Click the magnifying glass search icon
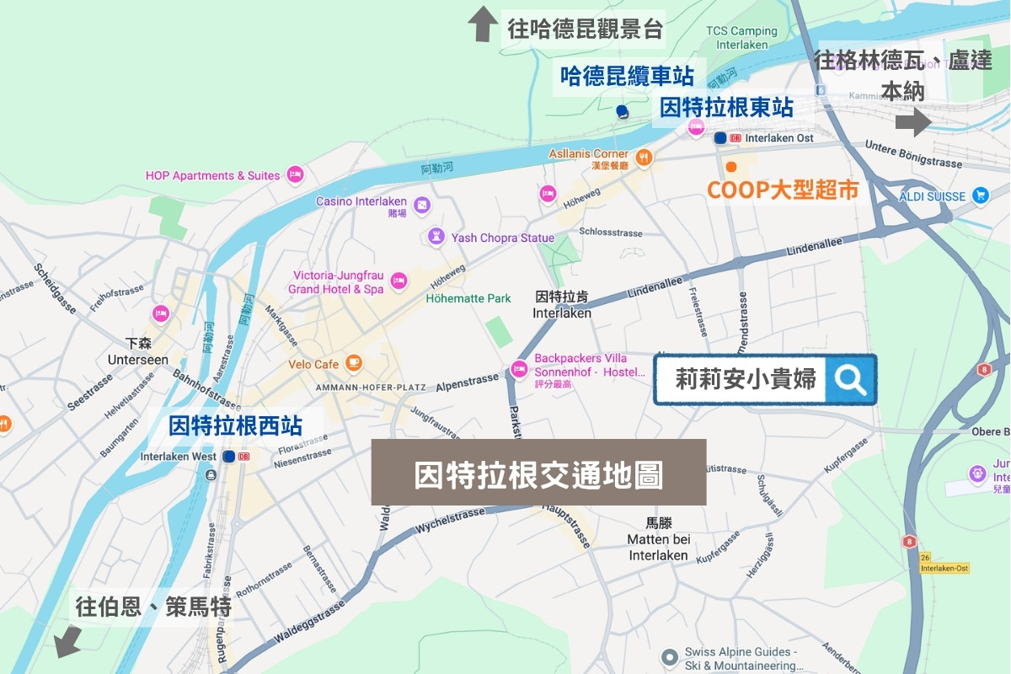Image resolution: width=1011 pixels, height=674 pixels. pos(850,380)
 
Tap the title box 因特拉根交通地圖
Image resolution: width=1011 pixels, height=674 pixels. pos(538,473)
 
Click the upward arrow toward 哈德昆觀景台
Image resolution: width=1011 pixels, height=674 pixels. pos(483,24)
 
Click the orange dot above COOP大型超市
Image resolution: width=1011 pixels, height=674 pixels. pos(731,166)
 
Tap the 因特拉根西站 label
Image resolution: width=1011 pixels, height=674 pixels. pos(235,425)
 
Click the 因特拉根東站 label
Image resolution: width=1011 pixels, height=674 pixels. pos(725,107)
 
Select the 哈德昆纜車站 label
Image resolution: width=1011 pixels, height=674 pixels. pos(628,77)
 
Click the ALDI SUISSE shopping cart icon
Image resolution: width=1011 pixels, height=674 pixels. pos(980,195)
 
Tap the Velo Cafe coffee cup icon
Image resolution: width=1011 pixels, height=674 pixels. pos(355,363)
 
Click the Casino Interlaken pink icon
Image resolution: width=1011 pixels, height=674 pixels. pos(421,203)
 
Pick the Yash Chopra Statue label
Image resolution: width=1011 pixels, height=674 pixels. pos(502,238)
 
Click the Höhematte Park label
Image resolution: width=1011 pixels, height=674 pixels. pos(468,298)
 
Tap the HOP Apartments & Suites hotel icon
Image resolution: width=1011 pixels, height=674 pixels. pos(295,175)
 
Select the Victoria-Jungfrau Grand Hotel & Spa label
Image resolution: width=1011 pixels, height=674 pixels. pos(338,282)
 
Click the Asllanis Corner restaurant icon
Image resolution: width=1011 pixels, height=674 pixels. pos(644,156)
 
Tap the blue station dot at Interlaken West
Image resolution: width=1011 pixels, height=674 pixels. pos(229,457)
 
